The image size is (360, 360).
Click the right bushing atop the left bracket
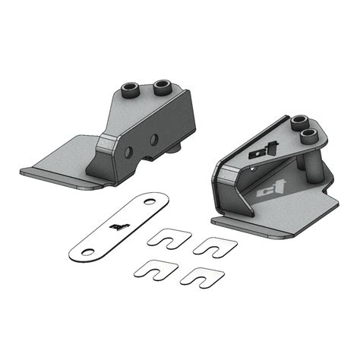(161, 86)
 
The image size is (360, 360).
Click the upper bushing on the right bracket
(302, 122)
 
